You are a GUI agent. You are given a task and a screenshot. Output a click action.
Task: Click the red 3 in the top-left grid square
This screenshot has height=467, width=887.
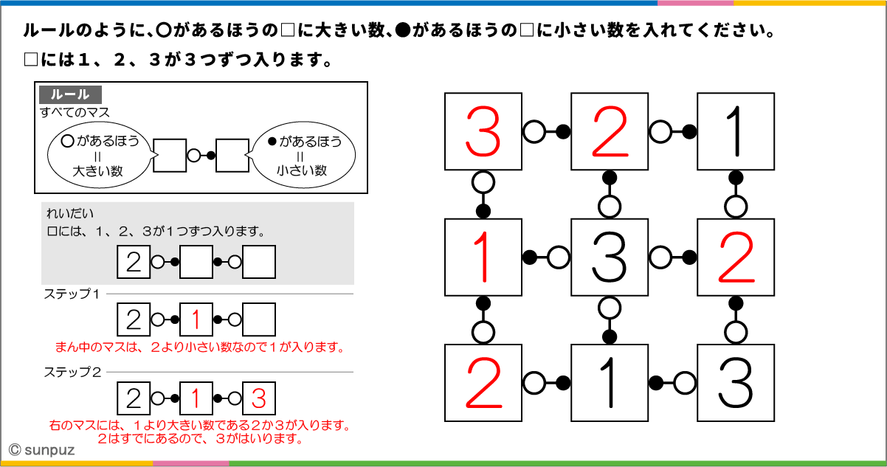coord(483,131)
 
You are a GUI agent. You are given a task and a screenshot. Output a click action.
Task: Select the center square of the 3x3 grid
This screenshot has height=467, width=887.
coord(610,257)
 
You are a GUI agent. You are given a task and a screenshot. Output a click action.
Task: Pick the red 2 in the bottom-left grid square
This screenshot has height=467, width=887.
coord(484,383)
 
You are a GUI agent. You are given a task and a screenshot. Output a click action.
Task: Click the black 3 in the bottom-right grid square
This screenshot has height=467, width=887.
coord(735,383)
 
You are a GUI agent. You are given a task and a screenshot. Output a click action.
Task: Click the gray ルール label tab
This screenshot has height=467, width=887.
coord(71,94)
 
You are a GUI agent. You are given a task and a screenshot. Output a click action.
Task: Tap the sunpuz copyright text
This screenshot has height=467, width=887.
coord(41,450)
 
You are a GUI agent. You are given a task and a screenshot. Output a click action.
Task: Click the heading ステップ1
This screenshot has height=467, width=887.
coord(72,294)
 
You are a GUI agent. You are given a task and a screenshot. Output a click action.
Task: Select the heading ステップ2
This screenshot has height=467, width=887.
coord(72,372)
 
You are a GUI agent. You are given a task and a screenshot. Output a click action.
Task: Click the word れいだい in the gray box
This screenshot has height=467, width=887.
coord(70,213)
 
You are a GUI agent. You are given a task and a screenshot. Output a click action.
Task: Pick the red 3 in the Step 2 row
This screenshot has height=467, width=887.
coord(258,398)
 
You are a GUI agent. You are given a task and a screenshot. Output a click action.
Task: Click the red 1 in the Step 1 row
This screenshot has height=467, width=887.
coord(196,319)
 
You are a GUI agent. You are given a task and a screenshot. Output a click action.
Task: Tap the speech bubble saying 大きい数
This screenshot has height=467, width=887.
coord(100,155)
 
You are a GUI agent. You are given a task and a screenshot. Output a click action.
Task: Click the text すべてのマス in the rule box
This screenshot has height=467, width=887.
coord(75,112)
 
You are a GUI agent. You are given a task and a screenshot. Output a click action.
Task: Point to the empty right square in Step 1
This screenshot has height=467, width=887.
coord(259,319)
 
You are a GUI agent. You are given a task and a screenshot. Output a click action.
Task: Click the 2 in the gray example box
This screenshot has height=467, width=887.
coord(134,262)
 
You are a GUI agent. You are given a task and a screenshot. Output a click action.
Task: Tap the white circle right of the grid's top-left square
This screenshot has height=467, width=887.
coord(534,131)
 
